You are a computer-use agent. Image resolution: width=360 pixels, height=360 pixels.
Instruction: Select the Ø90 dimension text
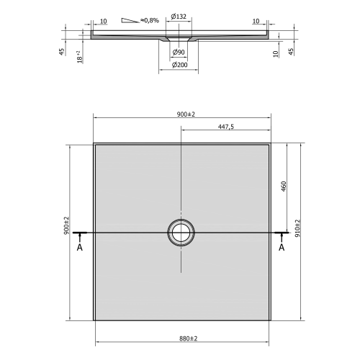pos(179,53)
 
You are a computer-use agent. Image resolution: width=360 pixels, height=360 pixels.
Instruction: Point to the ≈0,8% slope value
pos(150,19)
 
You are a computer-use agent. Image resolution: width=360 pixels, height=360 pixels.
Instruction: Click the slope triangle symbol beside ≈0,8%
pos(132,20)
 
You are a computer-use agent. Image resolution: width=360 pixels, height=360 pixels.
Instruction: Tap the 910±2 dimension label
pos(297,228)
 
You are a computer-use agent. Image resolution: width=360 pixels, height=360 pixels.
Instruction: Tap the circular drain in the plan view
pos(179,233)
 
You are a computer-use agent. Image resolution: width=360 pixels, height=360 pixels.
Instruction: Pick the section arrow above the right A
pos(281,235)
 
